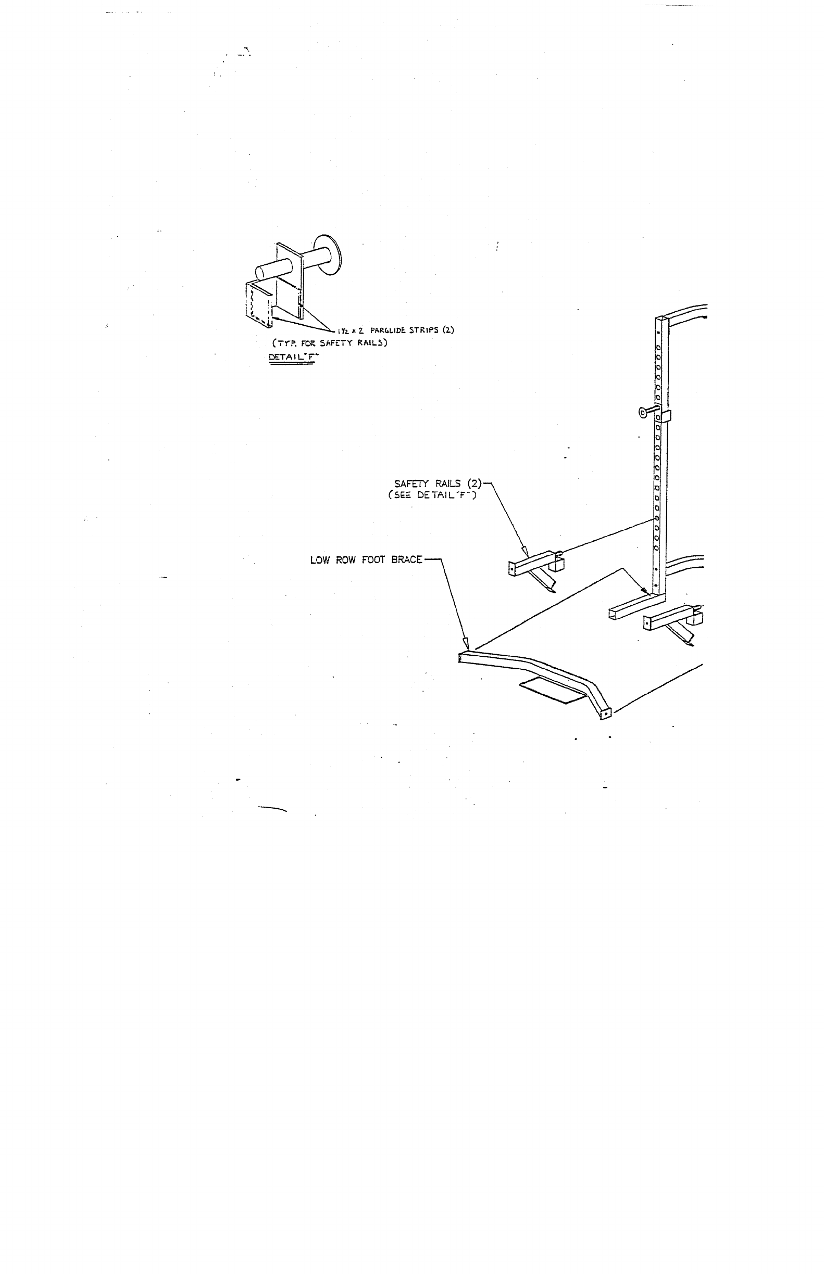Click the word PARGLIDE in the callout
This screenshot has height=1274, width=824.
(388, 330)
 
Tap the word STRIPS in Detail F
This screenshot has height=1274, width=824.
(424, 330)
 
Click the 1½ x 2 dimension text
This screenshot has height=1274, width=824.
(351, 330)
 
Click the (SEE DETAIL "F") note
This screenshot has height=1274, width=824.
(432, 495)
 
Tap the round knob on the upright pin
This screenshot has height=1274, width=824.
(642, 412)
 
